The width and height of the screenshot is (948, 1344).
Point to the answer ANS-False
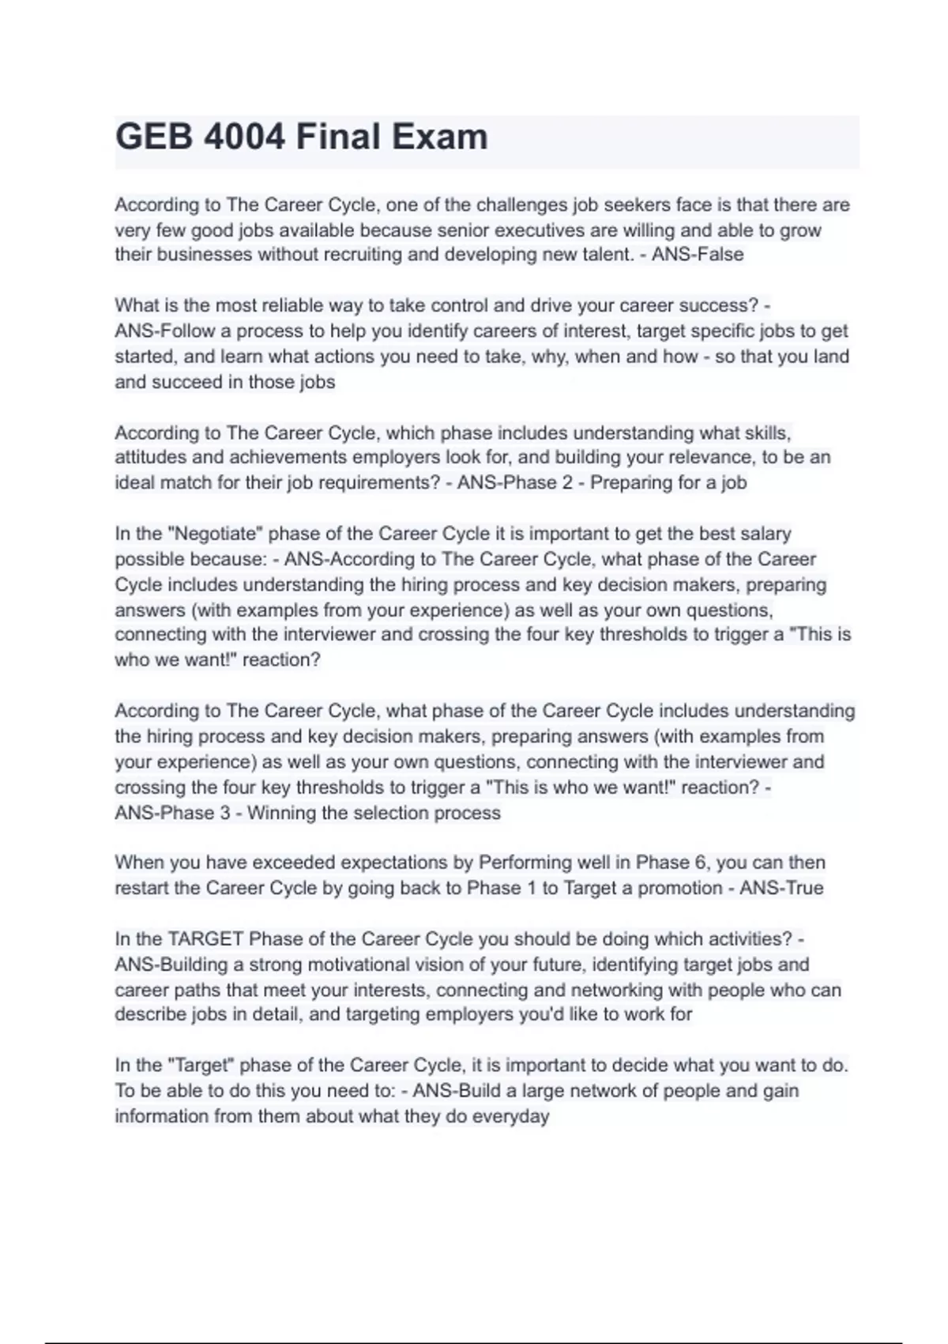[698, 255]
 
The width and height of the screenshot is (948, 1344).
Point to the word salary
[766, 534]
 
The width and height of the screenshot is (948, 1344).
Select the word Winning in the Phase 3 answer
[280, 813]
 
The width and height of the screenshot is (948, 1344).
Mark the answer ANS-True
[781, 888]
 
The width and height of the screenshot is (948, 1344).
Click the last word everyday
[510, 1116]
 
